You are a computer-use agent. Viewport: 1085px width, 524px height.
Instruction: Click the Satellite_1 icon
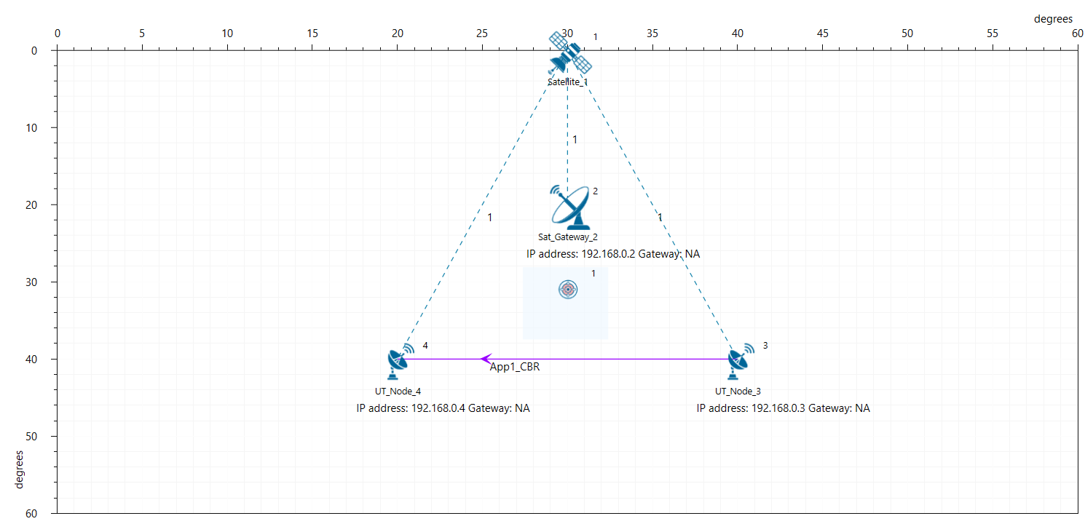[x=569, y=53]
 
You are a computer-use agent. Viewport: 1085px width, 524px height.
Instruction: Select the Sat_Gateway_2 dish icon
[x=570, y=207]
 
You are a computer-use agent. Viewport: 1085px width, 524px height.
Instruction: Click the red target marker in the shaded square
[x=568, y=290]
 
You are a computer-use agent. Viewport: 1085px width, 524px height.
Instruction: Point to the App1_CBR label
[x=514, y=367]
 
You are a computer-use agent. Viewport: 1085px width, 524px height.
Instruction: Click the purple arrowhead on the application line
[x=486, y=359]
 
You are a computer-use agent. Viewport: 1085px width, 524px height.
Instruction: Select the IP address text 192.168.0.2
[x=608, y=254]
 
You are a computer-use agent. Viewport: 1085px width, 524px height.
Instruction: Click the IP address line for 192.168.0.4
[x=443, y=408]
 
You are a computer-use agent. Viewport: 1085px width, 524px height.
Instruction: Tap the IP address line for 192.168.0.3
[x=784, y=408]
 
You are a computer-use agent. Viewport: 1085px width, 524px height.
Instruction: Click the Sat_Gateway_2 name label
[x=568, y=237]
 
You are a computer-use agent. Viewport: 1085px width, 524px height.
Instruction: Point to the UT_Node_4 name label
[x=398, y=392]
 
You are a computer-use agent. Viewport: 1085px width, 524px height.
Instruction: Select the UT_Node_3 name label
[x=738, y=392]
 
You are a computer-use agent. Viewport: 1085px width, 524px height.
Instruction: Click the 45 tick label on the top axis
[x=822, y=33]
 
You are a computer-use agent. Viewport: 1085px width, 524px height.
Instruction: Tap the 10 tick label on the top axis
[x=227, y=33]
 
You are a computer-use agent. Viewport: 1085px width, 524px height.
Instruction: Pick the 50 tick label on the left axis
[x=31, y=437]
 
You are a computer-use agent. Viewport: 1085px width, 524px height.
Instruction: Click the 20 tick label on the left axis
[x=31, y=205]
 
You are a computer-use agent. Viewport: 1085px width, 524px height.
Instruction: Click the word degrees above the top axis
[x=1053, y=19]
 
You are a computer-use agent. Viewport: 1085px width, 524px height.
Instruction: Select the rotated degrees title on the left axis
[x=19, y=469]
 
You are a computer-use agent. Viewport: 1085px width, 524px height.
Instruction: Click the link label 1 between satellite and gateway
[x=575, y=140]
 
